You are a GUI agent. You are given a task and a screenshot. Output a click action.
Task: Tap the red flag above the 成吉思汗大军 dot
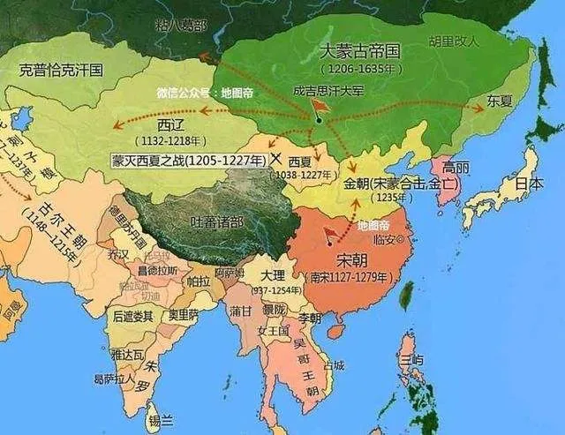(x=323, y=106)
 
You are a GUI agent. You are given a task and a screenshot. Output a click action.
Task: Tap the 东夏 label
(x=499, y=102)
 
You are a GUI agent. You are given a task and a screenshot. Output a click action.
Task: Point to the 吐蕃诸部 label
(x=233, y=220)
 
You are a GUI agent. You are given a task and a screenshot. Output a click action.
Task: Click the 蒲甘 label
(x=239, y=311)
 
